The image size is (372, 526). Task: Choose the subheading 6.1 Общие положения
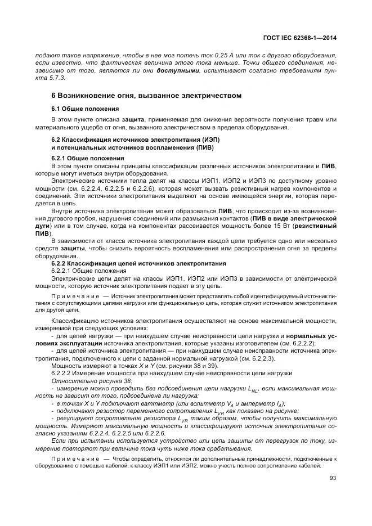click(x=84, y=108)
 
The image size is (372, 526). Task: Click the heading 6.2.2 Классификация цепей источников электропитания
click(x=138, y=263)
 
